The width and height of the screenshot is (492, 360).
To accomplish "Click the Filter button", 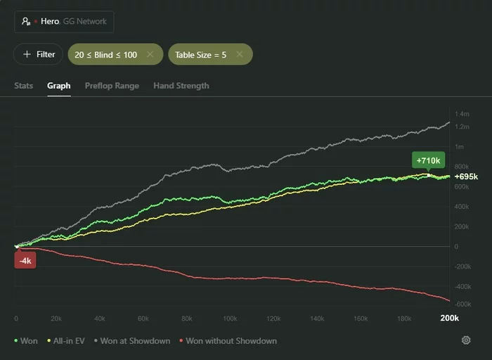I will click(38, 54).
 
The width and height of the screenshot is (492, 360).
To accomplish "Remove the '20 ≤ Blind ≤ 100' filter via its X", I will click(150, 54).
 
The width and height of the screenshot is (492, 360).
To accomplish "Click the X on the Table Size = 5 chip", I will click(239, 54).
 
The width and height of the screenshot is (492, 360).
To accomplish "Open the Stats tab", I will click(23, 86).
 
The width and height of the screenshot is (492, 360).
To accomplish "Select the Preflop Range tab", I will click(112, 86).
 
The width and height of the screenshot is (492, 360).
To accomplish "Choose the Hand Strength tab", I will click(181, 86).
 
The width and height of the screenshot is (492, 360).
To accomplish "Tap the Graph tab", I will click(58, 86).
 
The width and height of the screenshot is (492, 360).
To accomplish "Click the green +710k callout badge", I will click(427, 160).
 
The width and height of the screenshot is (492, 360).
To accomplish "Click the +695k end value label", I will click(466, 176).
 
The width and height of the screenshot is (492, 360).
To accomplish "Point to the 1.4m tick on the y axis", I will click(462, 114).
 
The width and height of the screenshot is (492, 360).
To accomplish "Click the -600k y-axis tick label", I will click(462, 304).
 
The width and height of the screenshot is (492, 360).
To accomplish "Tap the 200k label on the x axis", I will click(449, 319).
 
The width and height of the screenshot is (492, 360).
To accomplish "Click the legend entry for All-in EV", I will click(70, 341).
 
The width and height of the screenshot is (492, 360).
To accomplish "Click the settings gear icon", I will click(465, 340).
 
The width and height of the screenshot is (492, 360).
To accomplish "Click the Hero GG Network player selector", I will click(64, 21).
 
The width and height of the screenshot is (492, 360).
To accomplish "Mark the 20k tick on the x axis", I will click(56, 319).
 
